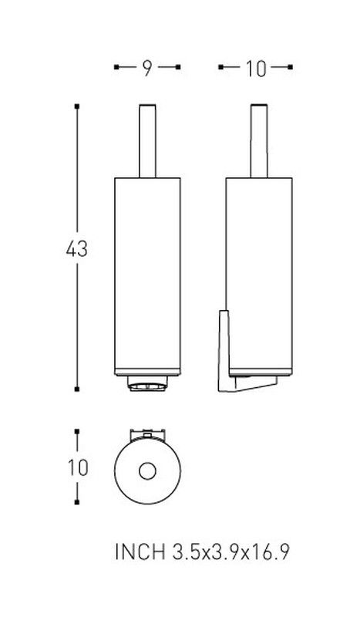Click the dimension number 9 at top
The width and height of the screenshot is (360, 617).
[x=146, y=69]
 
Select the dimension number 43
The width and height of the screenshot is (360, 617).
[x=77, y=249]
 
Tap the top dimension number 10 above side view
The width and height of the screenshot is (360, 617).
[x=256, y=69]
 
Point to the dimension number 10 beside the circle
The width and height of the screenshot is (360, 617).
[x=78, y=468]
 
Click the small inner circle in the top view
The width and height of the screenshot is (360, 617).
[x=147, y=471]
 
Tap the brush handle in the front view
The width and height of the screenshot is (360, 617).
[x=147, y=141]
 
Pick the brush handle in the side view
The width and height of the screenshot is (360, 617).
[x=259, y=141]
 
